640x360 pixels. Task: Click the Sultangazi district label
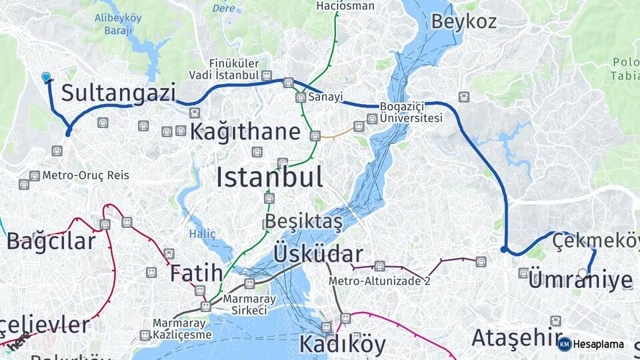tap(119, 93)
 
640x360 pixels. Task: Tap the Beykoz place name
tap(463, 21)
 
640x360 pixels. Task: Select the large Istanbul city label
tap(269, 177)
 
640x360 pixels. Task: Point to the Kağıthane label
tap(245, 131)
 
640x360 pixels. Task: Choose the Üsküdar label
tap(319, 254)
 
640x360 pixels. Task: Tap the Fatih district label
tap(195, 273)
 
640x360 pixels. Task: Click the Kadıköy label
tap(342, 344)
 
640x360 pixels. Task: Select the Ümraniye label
tap(580, 281)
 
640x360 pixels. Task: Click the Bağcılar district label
tap(51, 241)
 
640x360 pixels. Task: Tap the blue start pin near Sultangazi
tap(46, 78)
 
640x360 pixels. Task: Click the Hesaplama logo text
tap(598, 344)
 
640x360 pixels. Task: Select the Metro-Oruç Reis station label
tap(85, 176)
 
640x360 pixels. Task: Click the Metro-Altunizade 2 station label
tap(379, 281)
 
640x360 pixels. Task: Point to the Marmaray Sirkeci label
tap(245, 305)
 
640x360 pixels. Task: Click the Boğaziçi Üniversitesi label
tap(411, 112)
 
